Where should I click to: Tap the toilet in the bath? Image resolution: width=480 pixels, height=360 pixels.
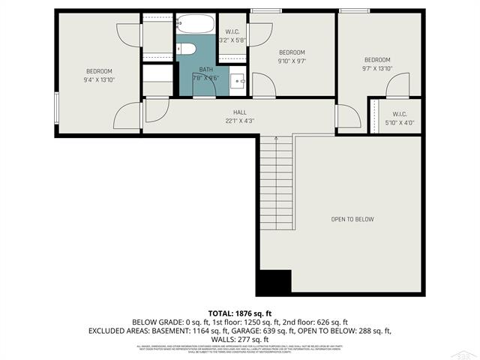[188, 49]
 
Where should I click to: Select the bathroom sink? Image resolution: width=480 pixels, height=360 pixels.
[237, 80]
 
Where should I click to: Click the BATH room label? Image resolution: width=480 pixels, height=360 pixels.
[205, 69]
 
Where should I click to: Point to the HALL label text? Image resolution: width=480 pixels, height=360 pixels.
[240, 112]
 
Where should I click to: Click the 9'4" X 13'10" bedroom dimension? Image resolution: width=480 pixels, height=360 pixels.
[98, 79]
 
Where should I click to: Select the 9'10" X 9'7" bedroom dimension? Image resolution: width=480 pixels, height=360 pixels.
[292, 61]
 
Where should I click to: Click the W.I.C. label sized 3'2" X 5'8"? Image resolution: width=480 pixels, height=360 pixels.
[232, 40]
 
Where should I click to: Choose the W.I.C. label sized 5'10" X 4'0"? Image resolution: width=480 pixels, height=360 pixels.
[399, 122]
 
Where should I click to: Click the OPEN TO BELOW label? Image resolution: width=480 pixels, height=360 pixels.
[352, 219]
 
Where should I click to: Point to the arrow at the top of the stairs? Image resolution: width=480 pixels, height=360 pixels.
[275, 139]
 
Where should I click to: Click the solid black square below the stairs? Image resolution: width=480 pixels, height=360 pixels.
[274, 283]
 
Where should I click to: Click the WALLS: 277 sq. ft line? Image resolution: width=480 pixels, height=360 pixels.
[240, 339]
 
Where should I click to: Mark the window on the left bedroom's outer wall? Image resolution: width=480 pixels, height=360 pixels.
[56, 106]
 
